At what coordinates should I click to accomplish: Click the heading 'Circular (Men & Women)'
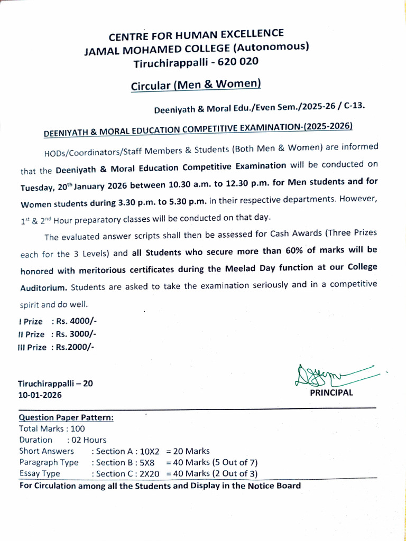[196, 84]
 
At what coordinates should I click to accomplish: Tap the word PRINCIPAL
[331, 393]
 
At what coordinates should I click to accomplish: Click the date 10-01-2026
[40, 395]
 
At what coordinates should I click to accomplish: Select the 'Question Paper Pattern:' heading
[66, 417]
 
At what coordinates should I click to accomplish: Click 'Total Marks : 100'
[52, 428]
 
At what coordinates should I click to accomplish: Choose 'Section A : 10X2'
[125, 451]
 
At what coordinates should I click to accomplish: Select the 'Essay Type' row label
[40, 473]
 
